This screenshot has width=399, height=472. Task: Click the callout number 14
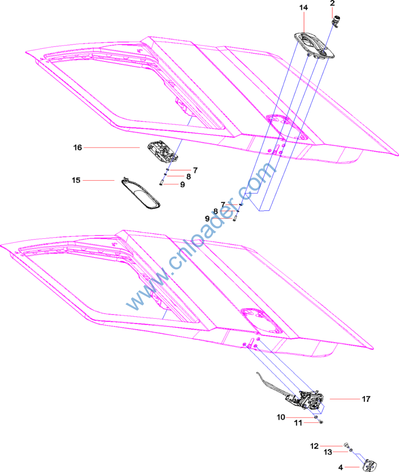point(303,8)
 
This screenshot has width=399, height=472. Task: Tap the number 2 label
point(332,3)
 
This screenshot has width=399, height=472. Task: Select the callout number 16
point(77,147)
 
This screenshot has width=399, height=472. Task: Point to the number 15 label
point(76,180)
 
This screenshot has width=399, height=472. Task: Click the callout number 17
point(366,399)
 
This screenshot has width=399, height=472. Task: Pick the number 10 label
point(281,418)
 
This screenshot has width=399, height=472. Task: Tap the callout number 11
point(299,423)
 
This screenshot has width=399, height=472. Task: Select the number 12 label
point(314,446)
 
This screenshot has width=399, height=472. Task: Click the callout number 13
point(328,453)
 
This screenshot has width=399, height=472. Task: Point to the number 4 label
point(340,467)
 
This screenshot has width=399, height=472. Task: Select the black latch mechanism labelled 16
point(159,151)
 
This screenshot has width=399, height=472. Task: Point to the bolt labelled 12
point(345,445)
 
